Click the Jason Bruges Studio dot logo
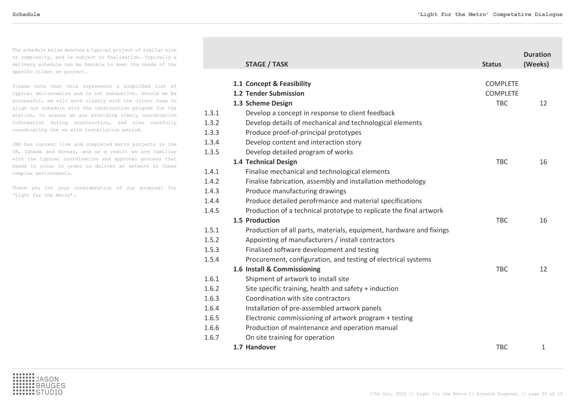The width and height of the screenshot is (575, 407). coord(23,384)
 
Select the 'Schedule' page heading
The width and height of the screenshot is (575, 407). coord(26,15)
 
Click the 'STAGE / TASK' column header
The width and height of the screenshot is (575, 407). coord(267,64)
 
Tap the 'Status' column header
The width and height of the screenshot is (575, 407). coord(492,64)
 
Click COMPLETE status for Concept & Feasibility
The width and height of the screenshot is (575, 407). coord(502,84)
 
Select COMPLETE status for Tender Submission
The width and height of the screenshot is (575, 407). coord(502,93)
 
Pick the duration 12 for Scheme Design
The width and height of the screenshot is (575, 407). coord(543,103)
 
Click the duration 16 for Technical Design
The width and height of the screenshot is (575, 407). coord(543,162)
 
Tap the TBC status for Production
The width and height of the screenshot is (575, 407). coord(502,220)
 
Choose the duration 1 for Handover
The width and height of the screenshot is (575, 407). coord(543,347)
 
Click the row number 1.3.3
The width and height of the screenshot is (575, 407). coord(212,133)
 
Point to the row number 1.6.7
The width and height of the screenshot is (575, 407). coord(212,337)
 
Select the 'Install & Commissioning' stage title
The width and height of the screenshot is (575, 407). coord(283,269)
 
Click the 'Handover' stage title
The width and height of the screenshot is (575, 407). coord(261,347)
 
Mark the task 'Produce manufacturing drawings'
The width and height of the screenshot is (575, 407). coord(296,191)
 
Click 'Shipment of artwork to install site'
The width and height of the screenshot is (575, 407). coord(297,279)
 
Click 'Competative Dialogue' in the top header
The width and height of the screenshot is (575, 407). coord(528,15)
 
